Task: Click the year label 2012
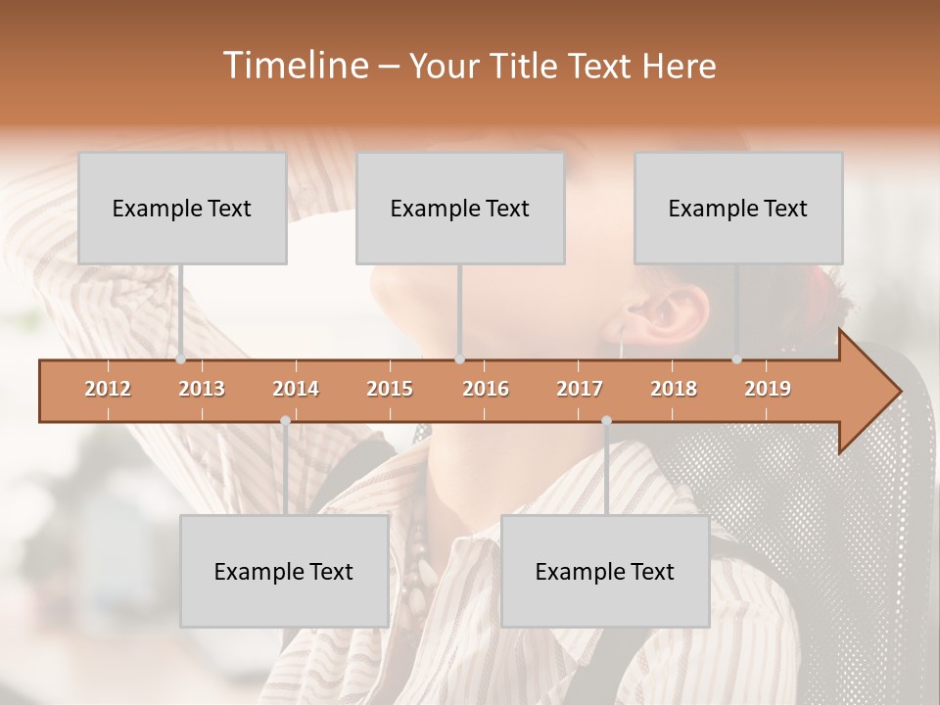click(x=108, y=389)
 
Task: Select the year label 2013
click(x=202, y=389)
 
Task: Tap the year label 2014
click(x=296, y=389)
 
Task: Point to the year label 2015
click(x=390, y=389)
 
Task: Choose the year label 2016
click(x=486, y=389)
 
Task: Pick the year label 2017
click(x=580, y=389)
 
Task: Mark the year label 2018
click(x=674, y=389)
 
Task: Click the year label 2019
click(x=768, y=389)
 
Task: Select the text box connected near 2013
click(x=182, y=208)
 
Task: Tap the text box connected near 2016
click(x=460, y=208)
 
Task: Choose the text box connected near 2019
click(x=738, y=208)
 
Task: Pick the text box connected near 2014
click(x=284, y=571)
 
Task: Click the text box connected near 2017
click(x=605, y=571)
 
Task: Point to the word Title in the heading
click(x=529, y=66)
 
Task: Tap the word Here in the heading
click(x=679, y=66)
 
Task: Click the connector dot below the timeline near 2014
click(x=285, y=420)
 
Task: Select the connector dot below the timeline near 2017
click(x=606, y=420)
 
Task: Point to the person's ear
click(x=680, y=311)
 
